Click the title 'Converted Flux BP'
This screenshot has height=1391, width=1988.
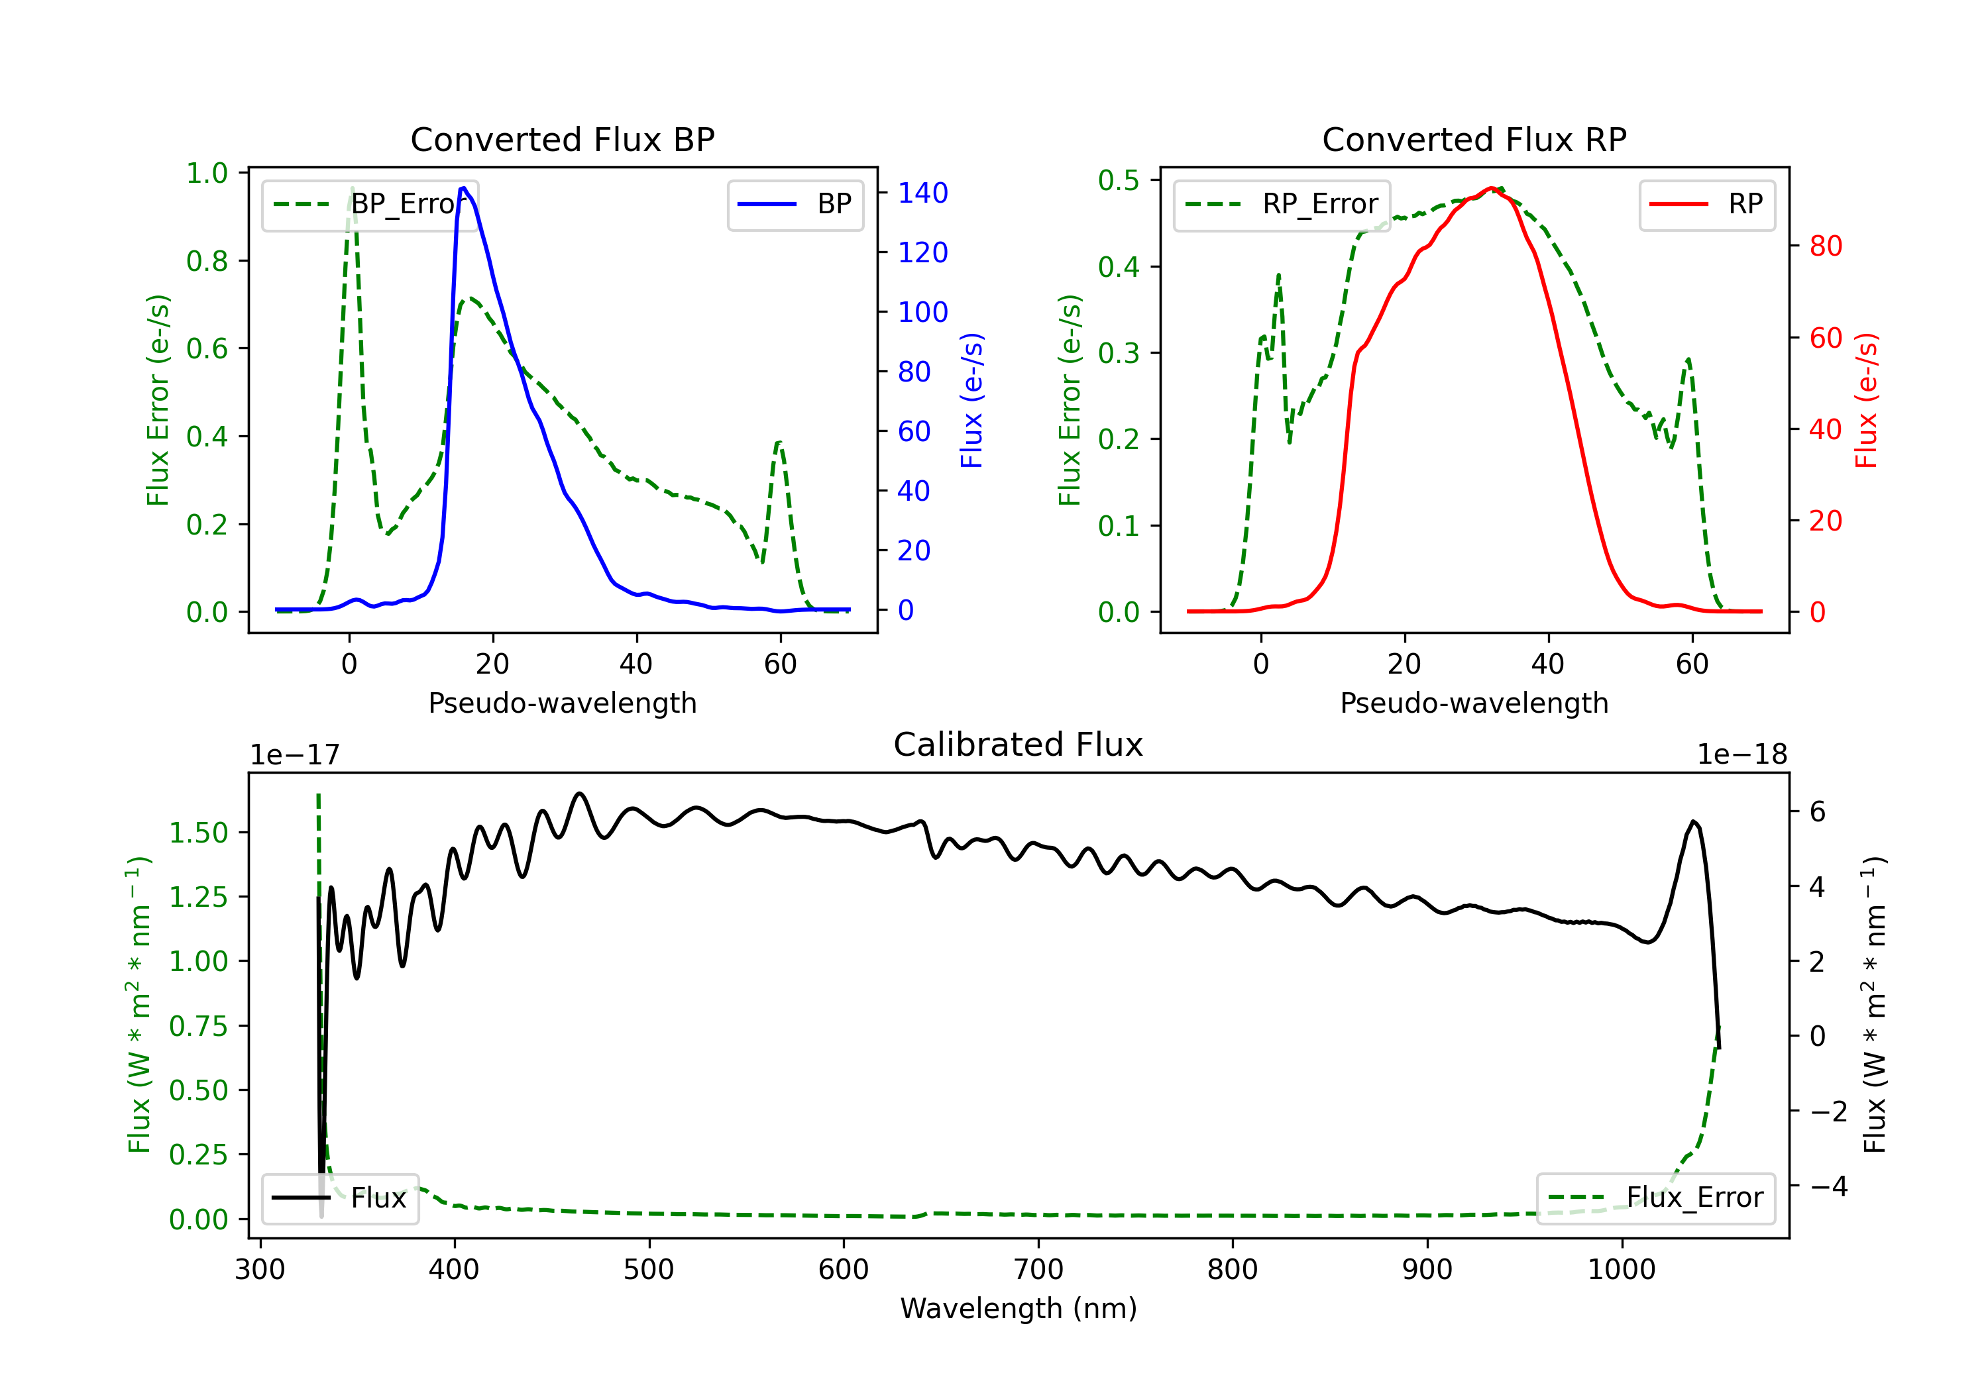click(x=562, y=139)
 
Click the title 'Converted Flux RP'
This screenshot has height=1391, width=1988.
click(x=1474, y=139)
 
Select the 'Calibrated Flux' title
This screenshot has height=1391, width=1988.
click(x=1019, y=745)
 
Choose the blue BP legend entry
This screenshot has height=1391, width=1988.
click(x=795, y=204)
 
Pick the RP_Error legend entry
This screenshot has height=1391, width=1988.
click(x=1282, y=204)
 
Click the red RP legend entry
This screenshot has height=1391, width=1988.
click(x=1706, y=204)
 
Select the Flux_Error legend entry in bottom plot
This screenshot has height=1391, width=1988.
click(x=1655, y=1198)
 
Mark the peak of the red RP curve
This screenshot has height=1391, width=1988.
click(x=1491, y=188)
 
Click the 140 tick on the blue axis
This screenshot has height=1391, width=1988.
click(x=923, y=193)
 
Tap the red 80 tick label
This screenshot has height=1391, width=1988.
click(x=1826, y=246)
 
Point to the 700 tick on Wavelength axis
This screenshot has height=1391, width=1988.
click(x=1038, y=1270)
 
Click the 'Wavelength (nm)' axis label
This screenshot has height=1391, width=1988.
click(x=1019, y=1309)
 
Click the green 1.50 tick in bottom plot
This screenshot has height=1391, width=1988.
click(x=198, y=833)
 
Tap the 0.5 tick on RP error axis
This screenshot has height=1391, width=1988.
click(x=1119, y=180)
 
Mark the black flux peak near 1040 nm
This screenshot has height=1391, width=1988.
click(x=1694, y=821)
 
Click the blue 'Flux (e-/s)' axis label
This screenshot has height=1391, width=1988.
click(x=971, y=400)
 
